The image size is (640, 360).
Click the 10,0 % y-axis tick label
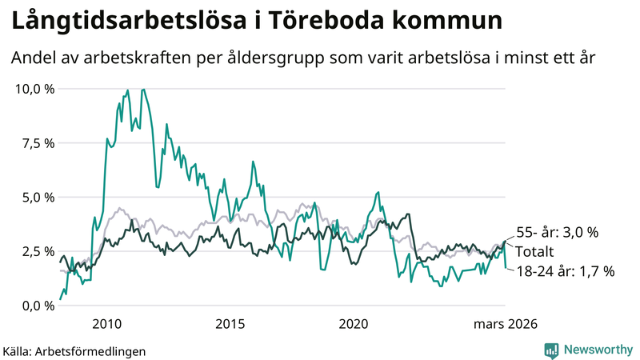[x=35, y=89]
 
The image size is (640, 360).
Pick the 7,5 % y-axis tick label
[x=38, y=143]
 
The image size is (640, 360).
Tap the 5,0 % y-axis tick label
[x=38, y=197]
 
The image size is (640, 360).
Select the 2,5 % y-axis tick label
[x=38, y=251]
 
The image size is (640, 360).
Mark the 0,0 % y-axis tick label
[x=38, y=306]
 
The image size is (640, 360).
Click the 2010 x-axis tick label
[x=106, y=324]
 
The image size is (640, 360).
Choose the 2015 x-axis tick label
[x=230, y=324]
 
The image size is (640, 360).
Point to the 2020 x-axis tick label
[x=354, y=324]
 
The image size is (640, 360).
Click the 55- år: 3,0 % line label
[x=558, y=233]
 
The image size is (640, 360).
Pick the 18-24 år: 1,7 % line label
[x=566, y=271]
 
